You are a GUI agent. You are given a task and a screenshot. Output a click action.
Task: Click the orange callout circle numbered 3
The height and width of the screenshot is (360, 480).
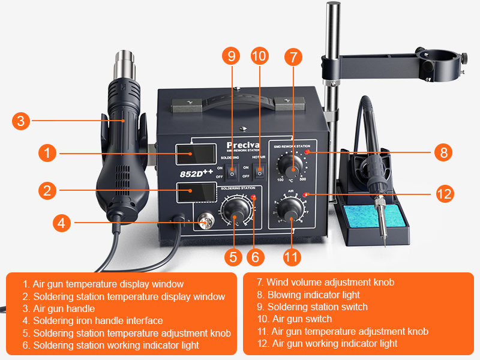pyautogui.click(x=20, y=121)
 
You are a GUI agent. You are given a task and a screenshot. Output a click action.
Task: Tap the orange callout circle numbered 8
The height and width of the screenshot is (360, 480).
pyautogui.click(x=443, y=152)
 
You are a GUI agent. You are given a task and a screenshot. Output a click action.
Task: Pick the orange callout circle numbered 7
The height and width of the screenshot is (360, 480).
pyautogui.click(x=293, y=56)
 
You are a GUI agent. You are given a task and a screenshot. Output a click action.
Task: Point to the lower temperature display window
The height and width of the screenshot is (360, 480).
pyautogui.click(x=192, y=194)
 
